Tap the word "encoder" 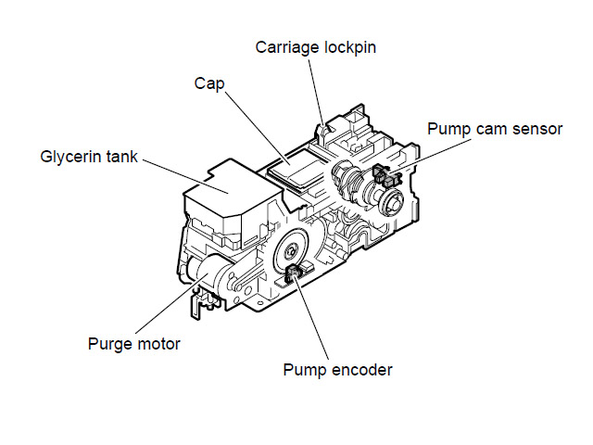(x=360, y=370)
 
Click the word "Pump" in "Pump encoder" (x=303, y=370)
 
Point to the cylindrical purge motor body (x=208, y=274)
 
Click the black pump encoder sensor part (x=296, y=272)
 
